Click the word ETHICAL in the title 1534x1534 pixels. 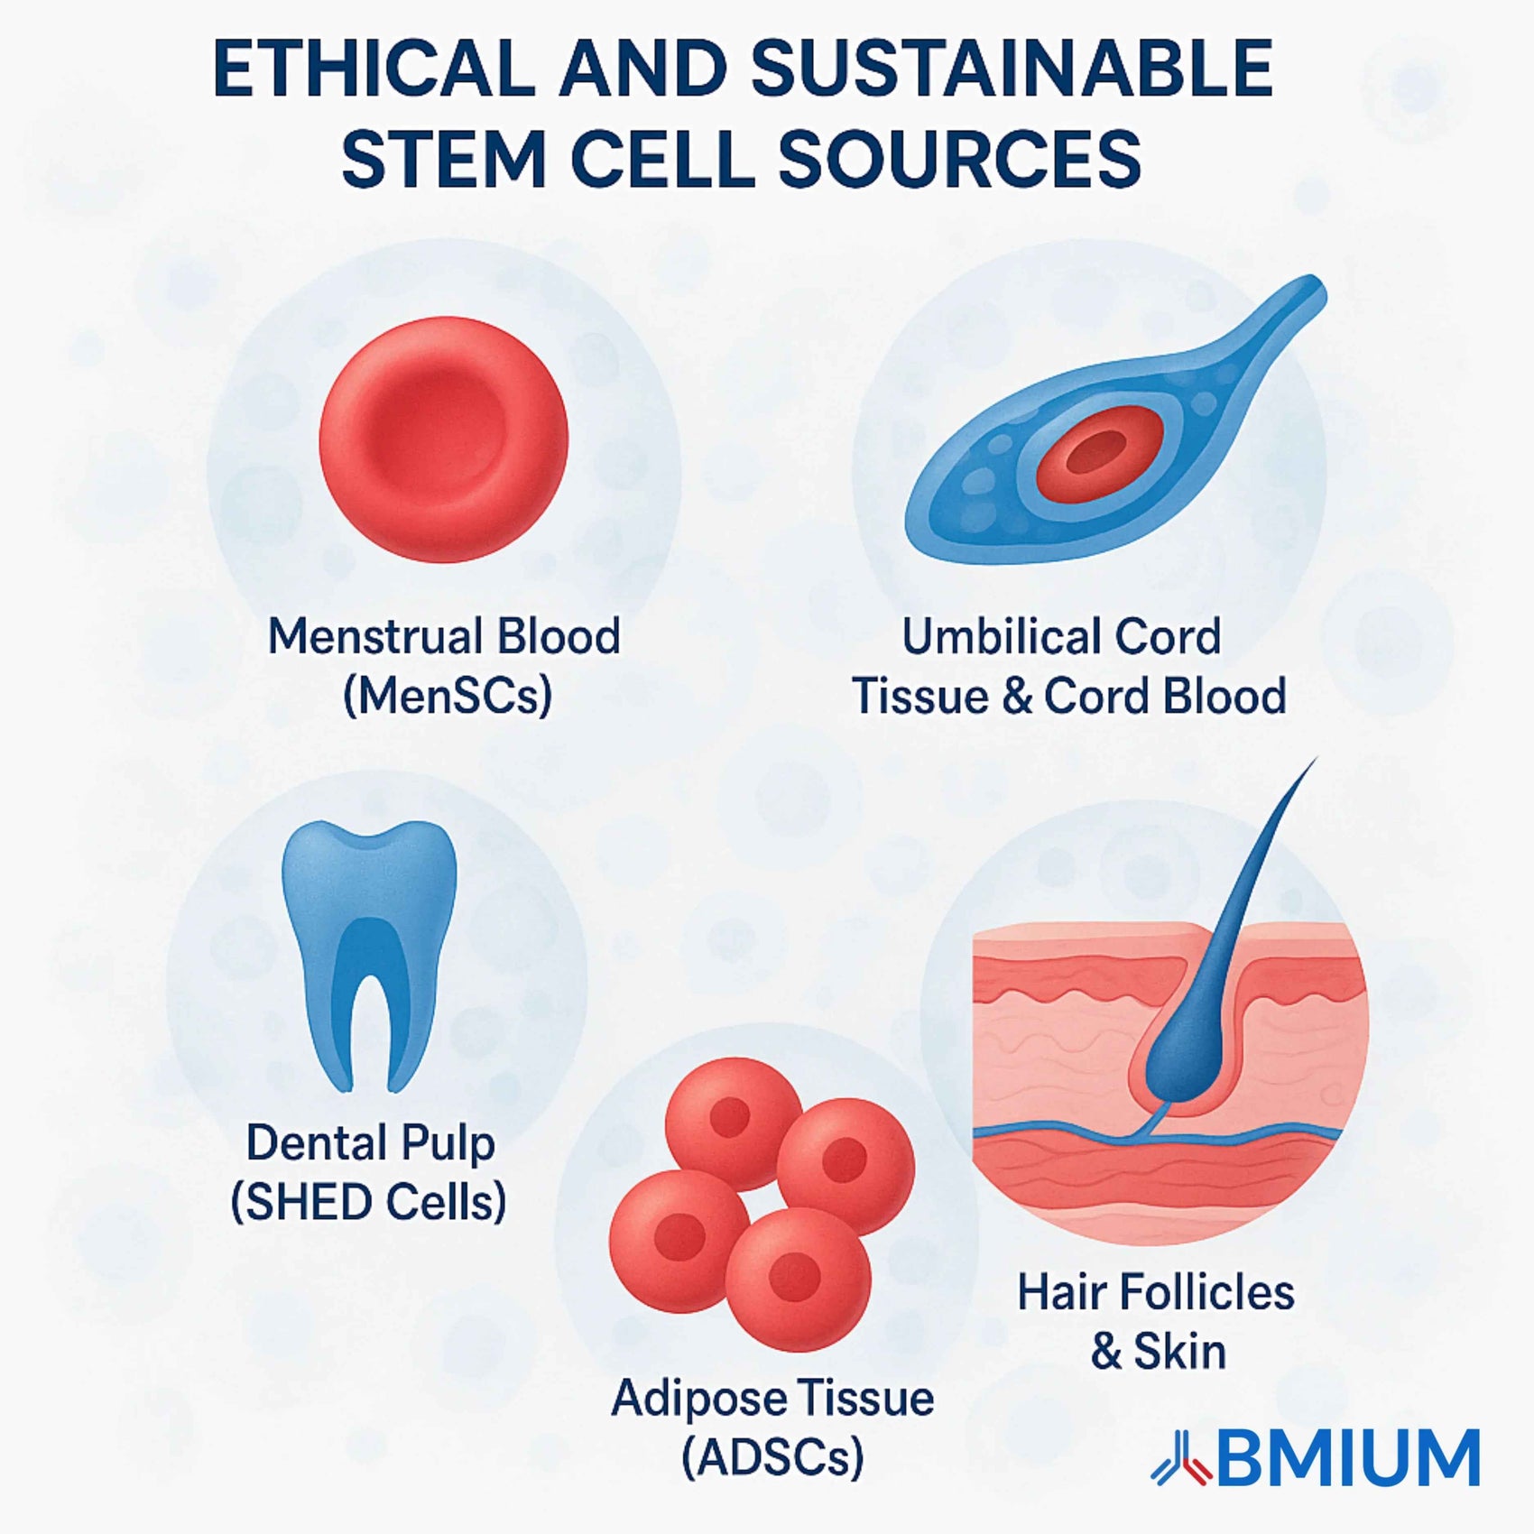point(374,69)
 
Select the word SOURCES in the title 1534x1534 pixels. point(960,159)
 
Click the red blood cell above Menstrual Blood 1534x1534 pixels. point(443,439)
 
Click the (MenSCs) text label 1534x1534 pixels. point(448,697)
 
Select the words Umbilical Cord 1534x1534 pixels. point(1062,636)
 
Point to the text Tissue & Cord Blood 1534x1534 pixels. point(1069,697)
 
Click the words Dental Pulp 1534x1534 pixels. point(371,1144)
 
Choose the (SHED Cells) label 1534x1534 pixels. point(368,1203)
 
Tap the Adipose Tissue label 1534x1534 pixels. point(773,1400)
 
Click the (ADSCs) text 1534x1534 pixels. point(772,1458)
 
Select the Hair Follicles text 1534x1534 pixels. point(1156,1292)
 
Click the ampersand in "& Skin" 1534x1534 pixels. point(1106,1352)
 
